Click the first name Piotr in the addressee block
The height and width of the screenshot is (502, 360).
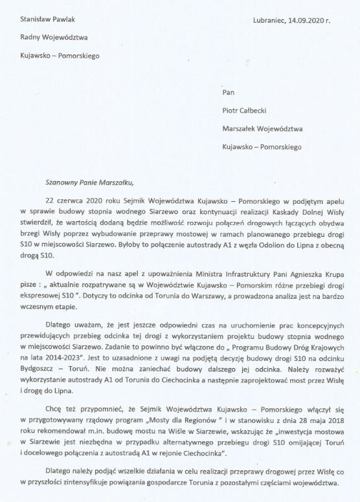231,111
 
